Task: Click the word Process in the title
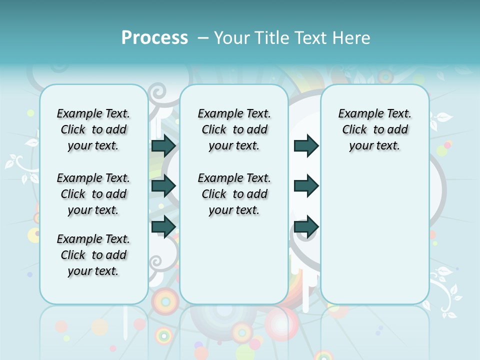154,38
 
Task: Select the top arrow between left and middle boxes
163,145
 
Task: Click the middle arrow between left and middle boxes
163,186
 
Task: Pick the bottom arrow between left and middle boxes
163,226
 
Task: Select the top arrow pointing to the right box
306,145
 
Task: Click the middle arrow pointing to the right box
306,186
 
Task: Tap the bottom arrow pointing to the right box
306,226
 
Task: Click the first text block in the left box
93,129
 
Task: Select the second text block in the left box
93,194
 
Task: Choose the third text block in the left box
93,255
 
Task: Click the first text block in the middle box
234,129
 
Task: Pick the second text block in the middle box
234,194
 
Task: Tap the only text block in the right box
374,129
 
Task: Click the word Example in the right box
357,113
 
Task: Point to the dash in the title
203,38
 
